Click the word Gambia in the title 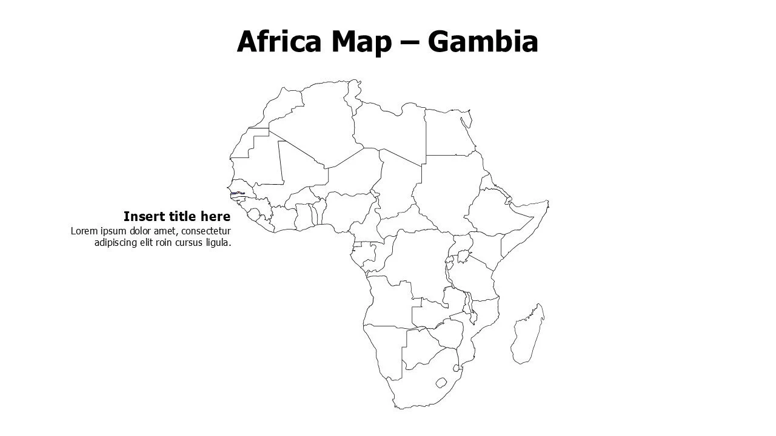tap(483, 42)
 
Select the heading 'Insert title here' tap(176, 217)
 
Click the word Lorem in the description tap(84, 231)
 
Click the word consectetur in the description tap(206, 231)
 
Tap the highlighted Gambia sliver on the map tap(237, 194)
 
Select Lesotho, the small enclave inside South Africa tap(442, 382)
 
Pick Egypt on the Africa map tap(449, 133)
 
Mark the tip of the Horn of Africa tap(547, 202)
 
